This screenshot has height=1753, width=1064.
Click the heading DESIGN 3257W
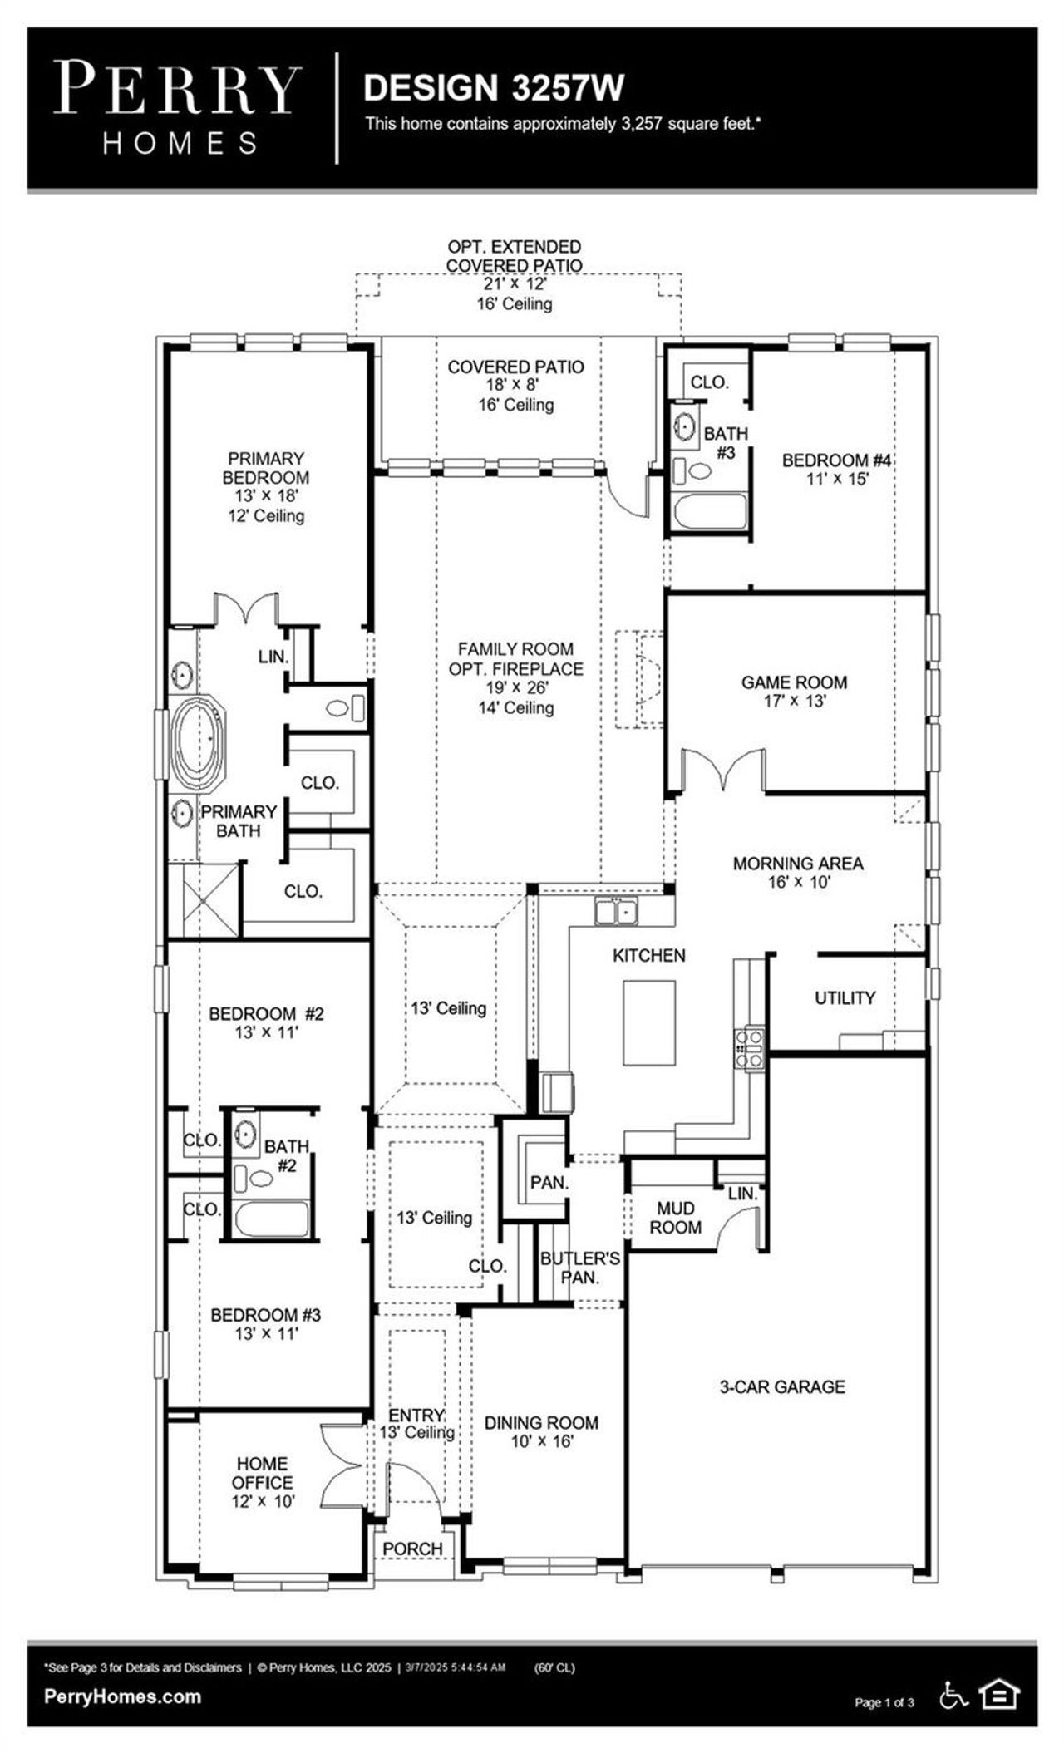[494, 88]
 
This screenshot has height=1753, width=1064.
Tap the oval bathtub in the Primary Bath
[199, 742]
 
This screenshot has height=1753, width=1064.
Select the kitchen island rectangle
[650, 1022]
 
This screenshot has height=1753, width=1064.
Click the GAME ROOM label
[794, 682]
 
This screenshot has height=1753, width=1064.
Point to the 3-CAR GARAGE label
[782, 1386]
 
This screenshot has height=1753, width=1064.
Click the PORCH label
[412, 1549]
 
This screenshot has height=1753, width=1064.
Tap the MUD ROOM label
[675, 1218]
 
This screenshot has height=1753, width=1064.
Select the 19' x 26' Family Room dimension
[516, 688]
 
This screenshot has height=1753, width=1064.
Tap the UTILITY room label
[845, 997]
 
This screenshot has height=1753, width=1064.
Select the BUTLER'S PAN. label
[579, 1268]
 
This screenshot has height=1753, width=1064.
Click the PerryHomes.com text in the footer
[122, 1696]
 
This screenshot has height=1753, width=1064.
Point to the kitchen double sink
[616, 912]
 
